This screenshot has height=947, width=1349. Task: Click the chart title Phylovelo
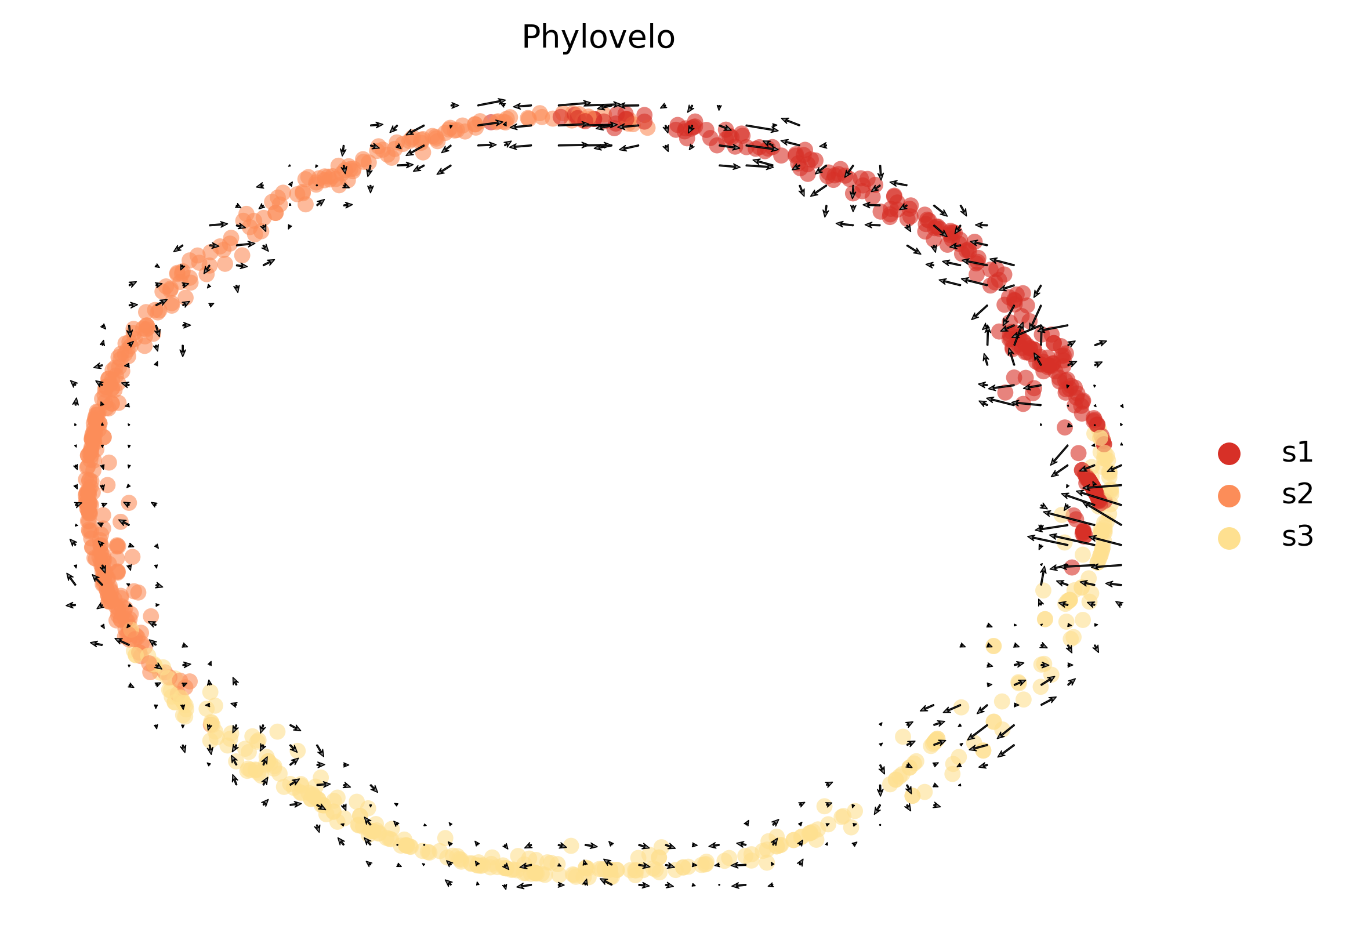(x=597, y=38)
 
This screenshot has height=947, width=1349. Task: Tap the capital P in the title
(x=531, y=38)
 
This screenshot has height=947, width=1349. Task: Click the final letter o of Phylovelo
(x=666, y=39)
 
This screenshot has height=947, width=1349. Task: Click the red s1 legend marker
(x=1229, y=453)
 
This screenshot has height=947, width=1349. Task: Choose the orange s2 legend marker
(x=1229, y=496)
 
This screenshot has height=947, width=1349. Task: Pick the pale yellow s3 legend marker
(x=1229, y=538)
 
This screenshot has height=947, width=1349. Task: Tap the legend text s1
(x=1297, y=453)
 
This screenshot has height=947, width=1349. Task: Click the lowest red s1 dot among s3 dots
(x=1072, y=568)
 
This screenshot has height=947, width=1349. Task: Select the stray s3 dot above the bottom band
(x=571, y=846)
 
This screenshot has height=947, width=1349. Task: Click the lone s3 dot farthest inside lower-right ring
(x=993, y=646)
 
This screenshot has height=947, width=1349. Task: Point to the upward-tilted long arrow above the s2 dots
(x=491, y=102)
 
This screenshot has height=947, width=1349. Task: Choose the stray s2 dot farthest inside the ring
(x=129, y=503)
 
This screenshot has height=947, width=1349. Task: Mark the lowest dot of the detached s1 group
(x=1023, y=404)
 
